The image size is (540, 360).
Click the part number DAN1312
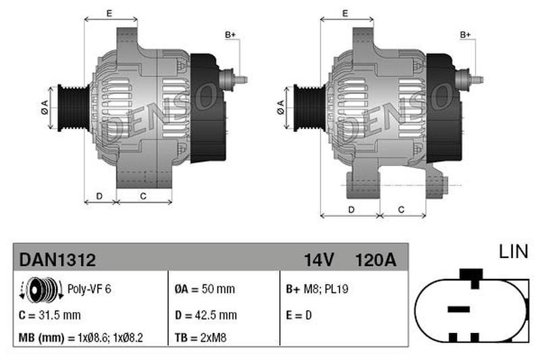(57, 259)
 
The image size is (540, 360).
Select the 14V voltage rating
(319, 260)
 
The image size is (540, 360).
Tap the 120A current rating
(376, 260)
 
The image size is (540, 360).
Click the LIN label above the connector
(514, 251)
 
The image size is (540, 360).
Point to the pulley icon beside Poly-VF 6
(41, 290)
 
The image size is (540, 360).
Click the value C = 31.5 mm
(49, 315)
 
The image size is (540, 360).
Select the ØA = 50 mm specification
(205, 288)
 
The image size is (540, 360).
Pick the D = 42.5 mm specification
(206, 315)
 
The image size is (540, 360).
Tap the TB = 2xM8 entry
(200, 338)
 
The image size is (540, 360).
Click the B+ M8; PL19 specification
(317, 288)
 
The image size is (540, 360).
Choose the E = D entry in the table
(299, 315)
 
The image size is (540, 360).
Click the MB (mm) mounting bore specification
(80, 338)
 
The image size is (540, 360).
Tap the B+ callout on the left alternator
(230, 35)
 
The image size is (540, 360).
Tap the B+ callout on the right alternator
(465, 35)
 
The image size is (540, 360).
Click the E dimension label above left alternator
(109, 14)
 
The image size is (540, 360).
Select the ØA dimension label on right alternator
(280, 107)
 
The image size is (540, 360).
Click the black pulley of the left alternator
(74, 108)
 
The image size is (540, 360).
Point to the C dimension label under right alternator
(401, 209)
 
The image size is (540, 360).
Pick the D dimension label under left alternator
(99, 196)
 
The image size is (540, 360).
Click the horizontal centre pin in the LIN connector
(458, 309)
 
